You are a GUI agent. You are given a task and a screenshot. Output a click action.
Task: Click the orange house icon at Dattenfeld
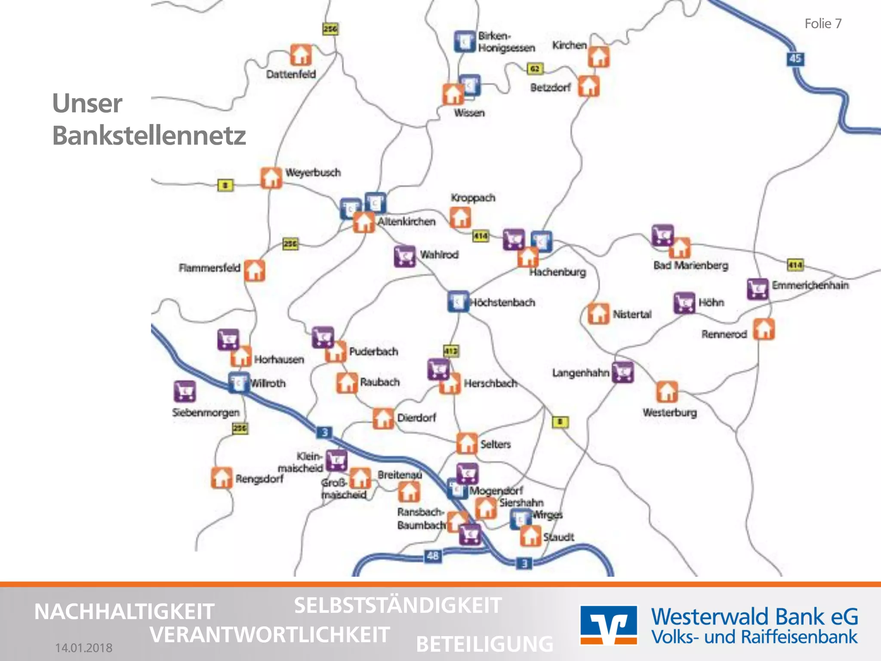[x=301, y=55]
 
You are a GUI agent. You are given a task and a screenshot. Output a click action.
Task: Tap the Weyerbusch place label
[x=313, y=173]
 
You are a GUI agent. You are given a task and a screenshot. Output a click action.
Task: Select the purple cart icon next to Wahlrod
[x=404, y=256]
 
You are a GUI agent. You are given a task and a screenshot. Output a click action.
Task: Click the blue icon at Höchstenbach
[x=458, y=301]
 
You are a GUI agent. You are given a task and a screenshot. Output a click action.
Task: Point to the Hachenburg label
[x=557, y=272]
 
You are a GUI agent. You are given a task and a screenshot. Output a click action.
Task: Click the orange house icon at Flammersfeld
[x=255, y=270]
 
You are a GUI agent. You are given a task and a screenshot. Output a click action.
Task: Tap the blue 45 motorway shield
[x=795, y=59]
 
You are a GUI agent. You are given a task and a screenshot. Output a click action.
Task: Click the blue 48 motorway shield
[x=432, y=556]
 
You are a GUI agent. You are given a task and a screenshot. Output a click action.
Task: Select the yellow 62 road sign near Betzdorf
[x=535, y=68]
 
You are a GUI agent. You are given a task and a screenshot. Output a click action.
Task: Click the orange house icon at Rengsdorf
[x=222, y=478]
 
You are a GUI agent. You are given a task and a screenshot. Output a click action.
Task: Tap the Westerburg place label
[x=669, y=412]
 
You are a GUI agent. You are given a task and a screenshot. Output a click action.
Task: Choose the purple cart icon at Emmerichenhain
[x=757, y=288]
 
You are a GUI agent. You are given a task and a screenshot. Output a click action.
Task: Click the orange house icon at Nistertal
[x=598, y=313]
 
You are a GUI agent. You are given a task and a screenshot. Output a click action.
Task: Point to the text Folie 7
[x=823, y=24]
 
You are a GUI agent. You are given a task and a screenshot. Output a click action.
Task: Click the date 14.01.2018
[x=84, y=648]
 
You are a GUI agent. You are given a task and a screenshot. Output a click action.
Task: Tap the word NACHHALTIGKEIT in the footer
[x=124, y=612]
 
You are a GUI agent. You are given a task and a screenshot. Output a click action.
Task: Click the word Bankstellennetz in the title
[x=149, y=136]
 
